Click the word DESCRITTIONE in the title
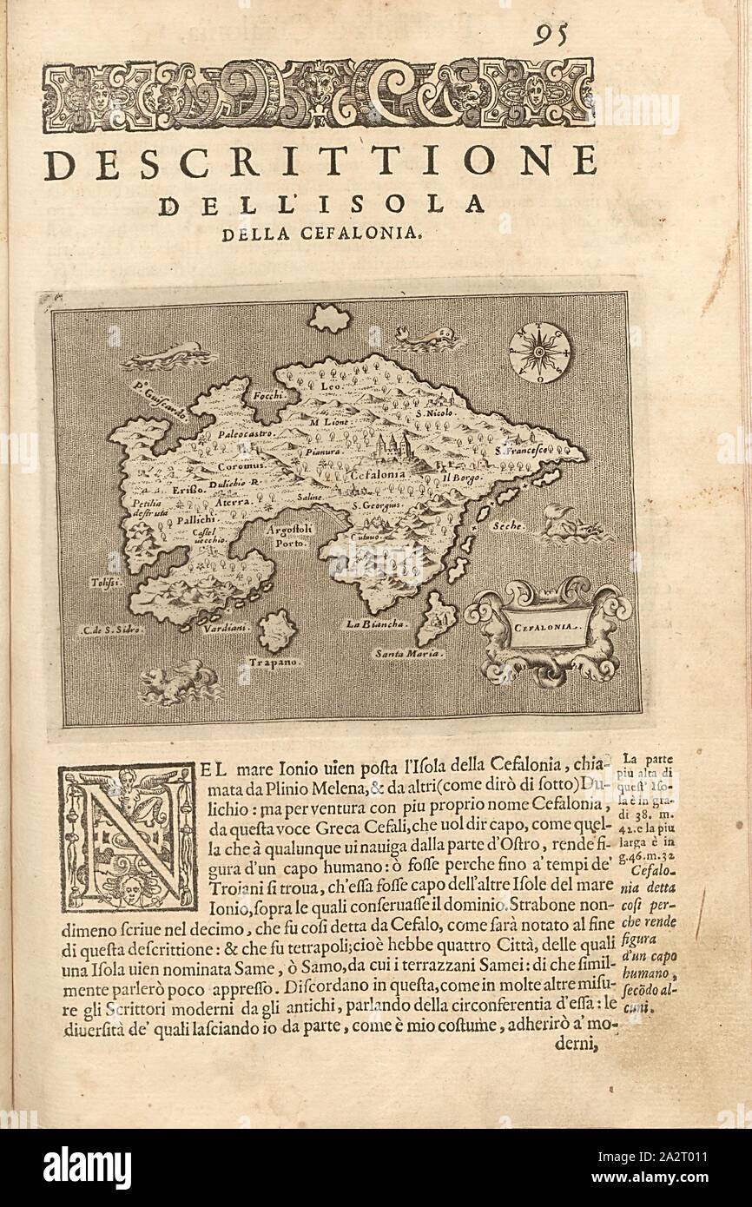[x=320, y=163]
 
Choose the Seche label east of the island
[x=509, y=527]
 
